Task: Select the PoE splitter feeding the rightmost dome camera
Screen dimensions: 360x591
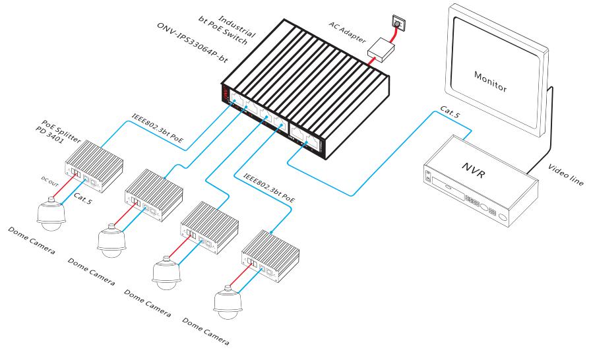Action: pos(272,253)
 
